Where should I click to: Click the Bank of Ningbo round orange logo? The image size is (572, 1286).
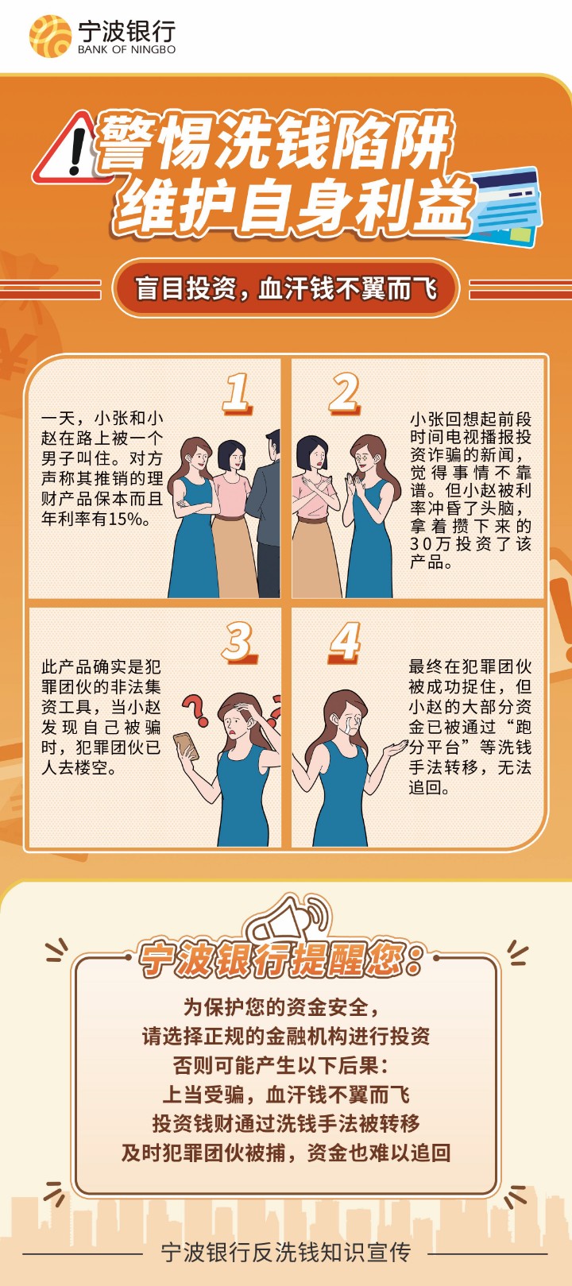pyautogui.click(x=51, y=37)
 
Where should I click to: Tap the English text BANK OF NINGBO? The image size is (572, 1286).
pyautogui.click(x=127, y=50)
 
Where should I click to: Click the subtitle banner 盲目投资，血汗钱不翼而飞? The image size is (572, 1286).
pyautogui.click(x=285, y=288)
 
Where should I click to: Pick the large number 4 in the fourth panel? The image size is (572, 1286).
pyautogui.click(x=345, y=643)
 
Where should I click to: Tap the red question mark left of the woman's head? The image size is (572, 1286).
pyautogui.click(x=195, y=709)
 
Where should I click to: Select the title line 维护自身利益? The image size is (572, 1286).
pyautogui.click(x=293, y=206)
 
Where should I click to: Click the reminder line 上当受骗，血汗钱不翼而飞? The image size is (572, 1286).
pyautogui.click(x=286, y=1095)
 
